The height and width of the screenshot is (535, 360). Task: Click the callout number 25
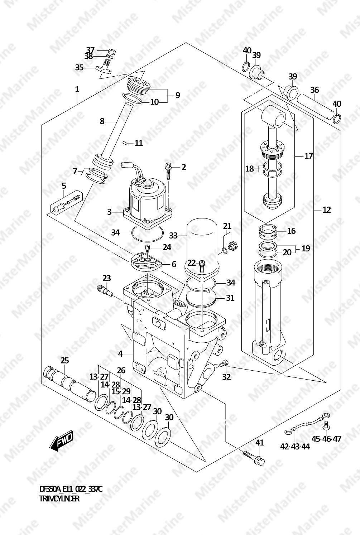coord(64,360)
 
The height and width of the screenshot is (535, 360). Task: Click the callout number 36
coord(315,90)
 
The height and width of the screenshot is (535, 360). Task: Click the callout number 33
coord(173,236)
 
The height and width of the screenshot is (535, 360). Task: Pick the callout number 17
coord(309,156)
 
